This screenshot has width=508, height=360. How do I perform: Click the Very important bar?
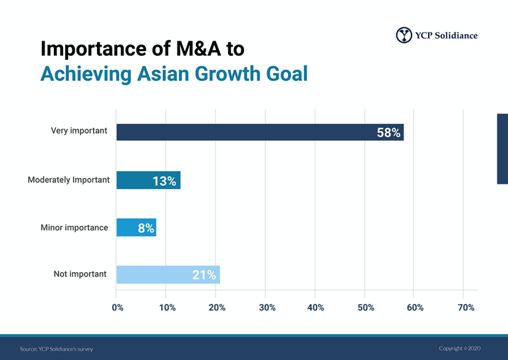click(259, 132)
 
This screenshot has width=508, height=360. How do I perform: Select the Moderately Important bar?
click(148, 180)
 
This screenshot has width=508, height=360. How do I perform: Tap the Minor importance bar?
click(136, 228)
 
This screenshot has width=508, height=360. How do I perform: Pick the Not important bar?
click(168, 275)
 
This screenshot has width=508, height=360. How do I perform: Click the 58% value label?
click(388, 132)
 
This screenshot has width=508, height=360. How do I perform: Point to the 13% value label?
click(164, 181)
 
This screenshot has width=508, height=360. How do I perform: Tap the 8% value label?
click(146, 228)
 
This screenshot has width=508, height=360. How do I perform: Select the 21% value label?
click(204, 275)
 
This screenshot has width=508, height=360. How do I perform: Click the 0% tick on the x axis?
click(118, 307)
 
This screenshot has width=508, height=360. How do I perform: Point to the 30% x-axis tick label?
click(267, 307)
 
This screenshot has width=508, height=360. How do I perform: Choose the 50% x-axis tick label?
click(366, 307)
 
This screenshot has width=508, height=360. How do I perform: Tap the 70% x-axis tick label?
click(466, 307)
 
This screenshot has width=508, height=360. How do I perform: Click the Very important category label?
click(78, 131)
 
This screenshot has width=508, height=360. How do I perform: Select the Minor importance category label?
click(74, 228)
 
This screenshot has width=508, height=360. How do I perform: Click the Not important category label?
click(79, 274)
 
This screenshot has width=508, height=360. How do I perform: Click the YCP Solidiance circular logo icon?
click(404, 35)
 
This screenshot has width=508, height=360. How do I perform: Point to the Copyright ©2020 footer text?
click(459, 348)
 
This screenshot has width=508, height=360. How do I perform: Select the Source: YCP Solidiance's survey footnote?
click(57, 349)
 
